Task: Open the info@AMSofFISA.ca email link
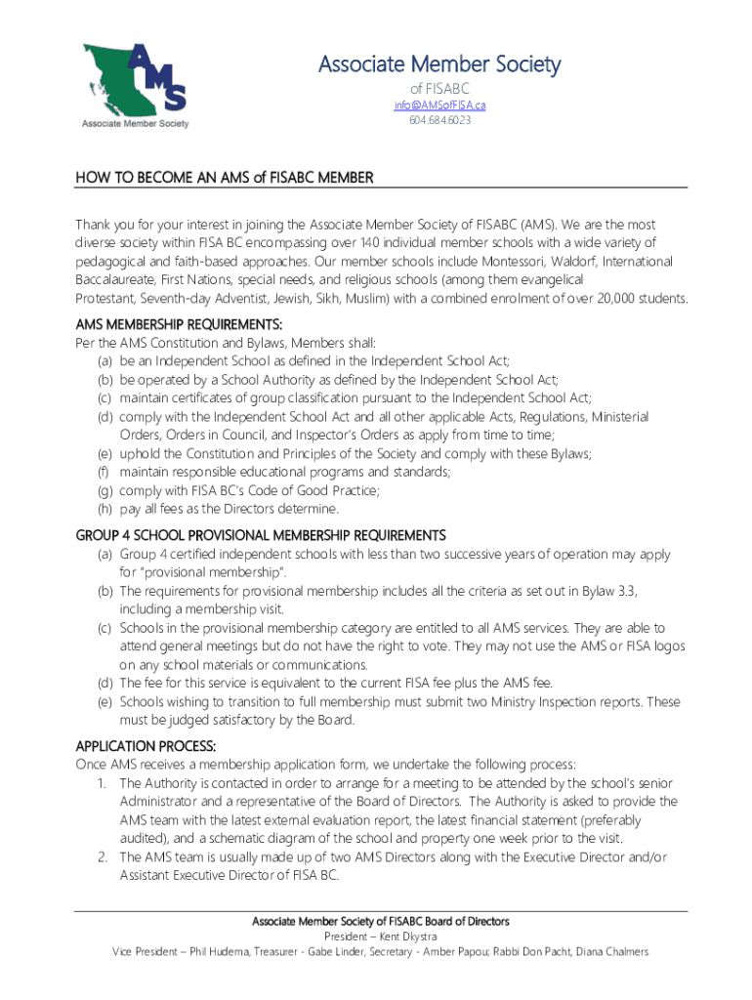tap(439, 104)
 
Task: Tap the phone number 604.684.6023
tap(439, 120)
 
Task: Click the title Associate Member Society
tap(439, 65)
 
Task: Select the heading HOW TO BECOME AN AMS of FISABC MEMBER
tap(226, 178)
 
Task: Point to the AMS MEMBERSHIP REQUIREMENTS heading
tap(179, 324)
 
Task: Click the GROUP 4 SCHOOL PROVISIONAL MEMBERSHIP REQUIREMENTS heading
tap(261, 535)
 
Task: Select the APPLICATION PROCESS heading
tap(146, 746)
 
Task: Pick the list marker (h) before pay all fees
tap(104, 509)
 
